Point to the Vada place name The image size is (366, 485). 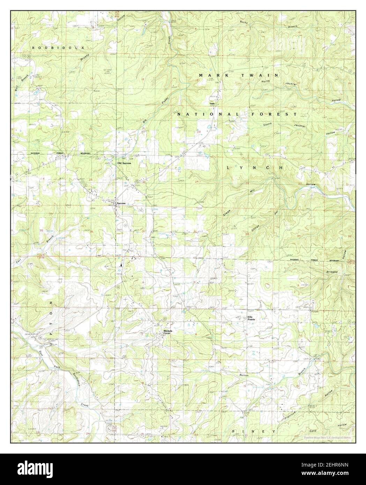pos(212,104)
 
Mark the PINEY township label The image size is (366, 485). pos(254,432)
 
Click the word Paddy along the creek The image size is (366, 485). pos(164,100)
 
